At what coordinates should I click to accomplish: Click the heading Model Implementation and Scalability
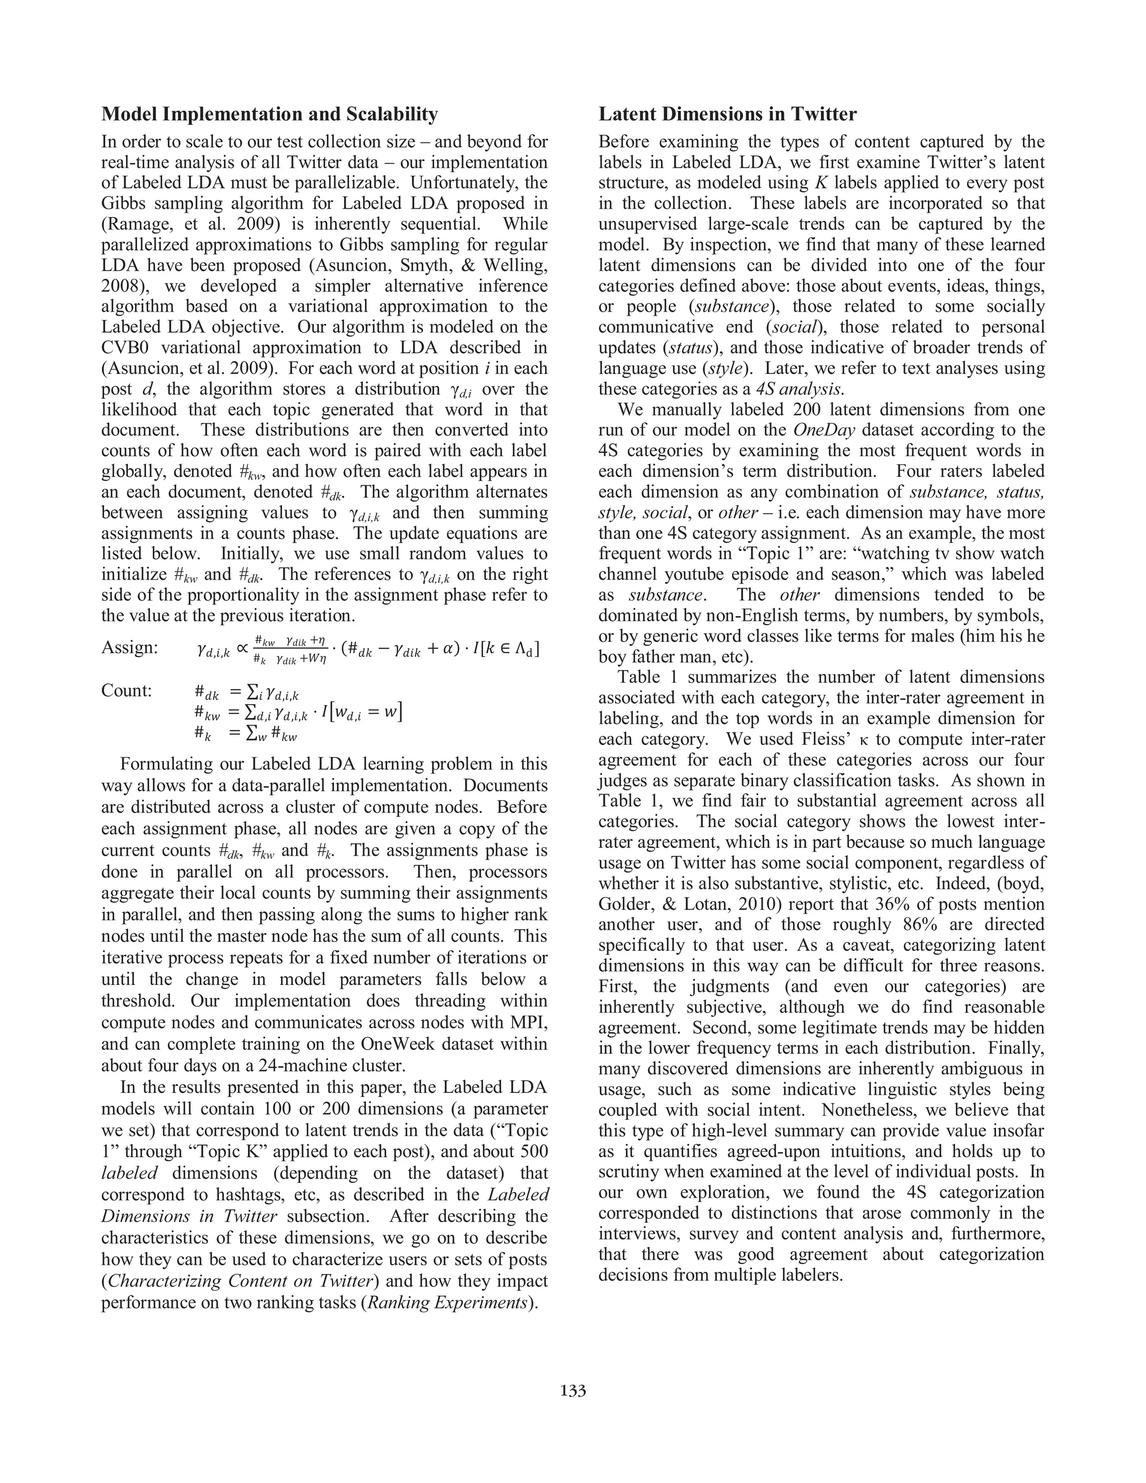pos(270,114)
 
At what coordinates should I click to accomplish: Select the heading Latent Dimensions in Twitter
pos(727,114)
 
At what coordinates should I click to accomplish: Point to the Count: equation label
pos(126,691)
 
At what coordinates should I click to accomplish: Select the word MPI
pos(525,1022)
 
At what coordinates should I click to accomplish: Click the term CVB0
pos(130,348)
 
